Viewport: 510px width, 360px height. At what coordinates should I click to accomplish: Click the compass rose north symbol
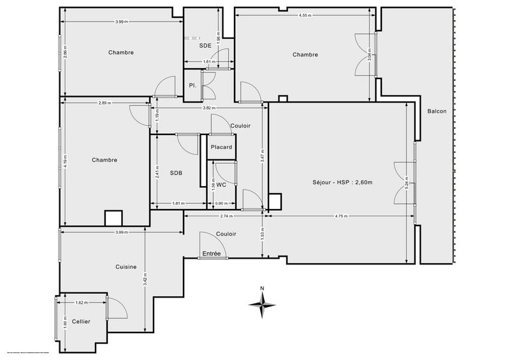click(x=262, y=303)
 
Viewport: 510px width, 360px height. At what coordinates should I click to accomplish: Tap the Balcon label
click(x=437, y=112)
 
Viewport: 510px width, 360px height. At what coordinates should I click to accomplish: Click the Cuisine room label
click(x=126, y=267)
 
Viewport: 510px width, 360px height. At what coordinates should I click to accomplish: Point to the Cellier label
click(x=80, y=322)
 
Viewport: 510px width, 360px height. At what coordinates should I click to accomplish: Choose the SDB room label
click(x=176, y=173)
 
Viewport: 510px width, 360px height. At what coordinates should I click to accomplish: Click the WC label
click(x=221, y=185)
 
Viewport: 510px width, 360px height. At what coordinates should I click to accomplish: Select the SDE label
click(x=205, y=46)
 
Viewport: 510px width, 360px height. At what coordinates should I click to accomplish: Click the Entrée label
click(x=212, y=254)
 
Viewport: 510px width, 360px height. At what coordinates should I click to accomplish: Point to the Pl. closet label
click(x=191, y=85)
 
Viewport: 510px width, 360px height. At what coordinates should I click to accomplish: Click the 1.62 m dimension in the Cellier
click(x=81, y=303)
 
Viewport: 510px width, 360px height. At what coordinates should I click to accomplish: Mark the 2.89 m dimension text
click(x=105, y=103)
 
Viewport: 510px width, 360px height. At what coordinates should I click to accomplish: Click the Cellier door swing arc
click(x=118, y=308)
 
